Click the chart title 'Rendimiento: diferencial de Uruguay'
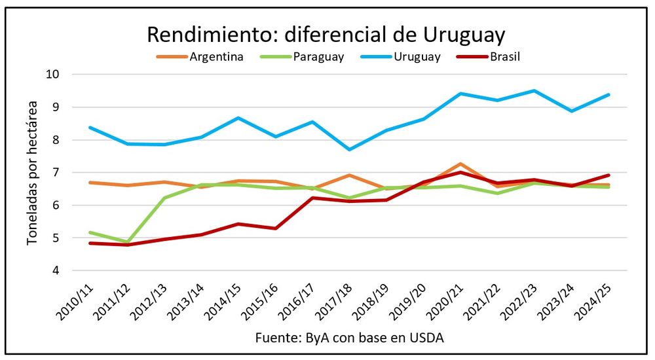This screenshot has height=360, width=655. click(x=326, y=34)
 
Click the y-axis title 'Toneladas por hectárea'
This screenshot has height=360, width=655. click(x=32, y=172)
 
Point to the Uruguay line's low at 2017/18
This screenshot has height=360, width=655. click(x=350, y=149)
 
